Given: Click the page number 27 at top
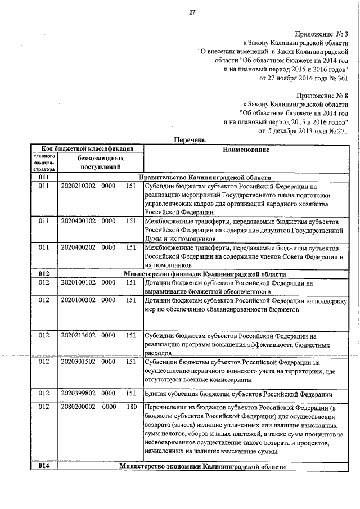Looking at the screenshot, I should tap(191, 12).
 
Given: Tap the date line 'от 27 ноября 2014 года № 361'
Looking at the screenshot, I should tap(303, 78).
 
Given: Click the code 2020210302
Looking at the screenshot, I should tap(78, 186).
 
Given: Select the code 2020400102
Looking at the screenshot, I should tap(78, 221).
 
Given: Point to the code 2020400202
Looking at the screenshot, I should tap(78, 247).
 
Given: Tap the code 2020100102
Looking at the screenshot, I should tap(78, 283).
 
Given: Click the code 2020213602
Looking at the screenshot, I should tap(78, 335).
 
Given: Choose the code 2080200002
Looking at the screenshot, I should tap(78, 407).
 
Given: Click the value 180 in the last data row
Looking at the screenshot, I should tap(132, 407).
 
